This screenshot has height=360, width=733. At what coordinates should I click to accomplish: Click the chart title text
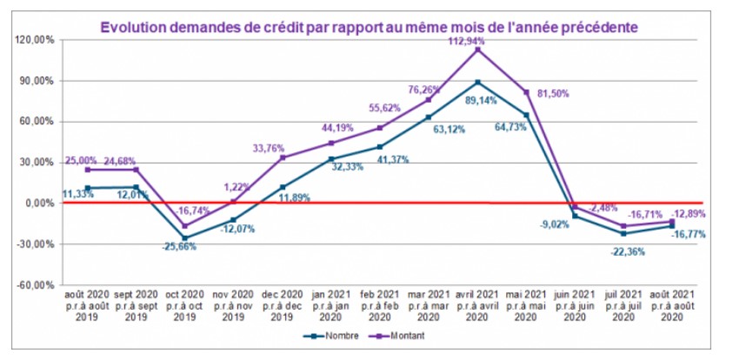pyautogui.click(x=370, y=27)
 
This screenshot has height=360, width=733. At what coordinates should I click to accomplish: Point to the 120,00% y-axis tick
pyautogui.click(x=34, y=40)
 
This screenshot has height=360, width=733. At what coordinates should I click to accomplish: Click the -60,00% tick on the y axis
pyautogui.click(x=34, y=284)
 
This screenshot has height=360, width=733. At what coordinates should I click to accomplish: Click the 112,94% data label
pyautogui.click(x=477, y=40)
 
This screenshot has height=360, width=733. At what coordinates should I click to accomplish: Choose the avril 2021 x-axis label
pyautogui.click(x=477, y=307)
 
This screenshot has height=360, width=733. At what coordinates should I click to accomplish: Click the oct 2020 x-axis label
pyautogui.click(x=184, y=307)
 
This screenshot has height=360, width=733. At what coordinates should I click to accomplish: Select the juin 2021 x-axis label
pyautogui.click(x=576, y=307)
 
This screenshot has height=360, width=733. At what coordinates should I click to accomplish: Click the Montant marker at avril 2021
pyautogui.click(x=477, y=50)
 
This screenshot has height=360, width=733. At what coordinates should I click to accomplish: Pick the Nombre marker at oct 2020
pyautogui.click(x=184, y=237)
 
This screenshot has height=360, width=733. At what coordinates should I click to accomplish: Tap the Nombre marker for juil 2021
pyautogui.click(x=624, y=233)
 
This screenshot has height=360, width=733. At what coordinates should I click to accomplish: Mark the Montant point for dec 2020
pyautogui.click(x=282, y=157)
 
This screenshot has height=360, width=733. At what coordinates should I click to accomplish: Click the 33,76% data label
pyautogui.click(x=268, y=148)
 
